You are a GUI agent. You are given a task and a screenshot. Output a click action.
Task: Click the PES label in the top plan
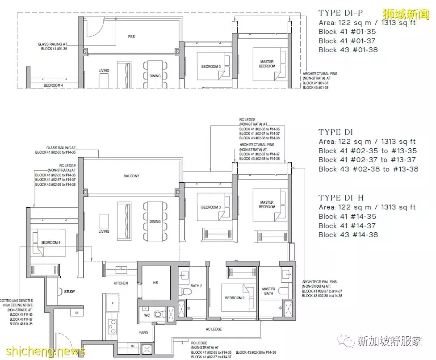pos(131,37)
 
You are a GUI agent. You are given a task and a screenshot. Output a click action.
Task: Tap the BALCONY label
pos(131,176)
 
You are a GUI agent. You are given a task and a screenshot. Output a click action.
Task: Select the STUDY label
pos(69,292)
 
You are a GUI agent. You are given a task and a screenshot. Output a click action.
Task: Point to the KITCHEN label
pos(121,283)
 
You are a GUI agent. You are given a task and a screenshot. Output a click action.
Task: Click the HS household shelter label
pos(155,283)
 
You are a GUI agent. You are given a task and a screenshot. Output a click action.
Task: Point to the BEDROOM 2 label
pos(235,298)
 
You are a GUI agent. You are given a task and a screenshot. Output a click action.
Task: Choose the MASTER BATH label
pos(268,291)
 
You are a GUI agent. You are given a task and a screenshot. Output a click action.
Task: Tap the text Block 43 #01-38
pos(348,50)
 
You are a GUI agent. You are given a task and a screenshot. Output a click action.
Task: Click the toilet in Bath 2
pos(188,293)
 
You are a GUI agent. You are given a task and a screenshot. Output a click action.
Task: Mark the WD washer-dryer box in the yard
pos(132,346)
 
